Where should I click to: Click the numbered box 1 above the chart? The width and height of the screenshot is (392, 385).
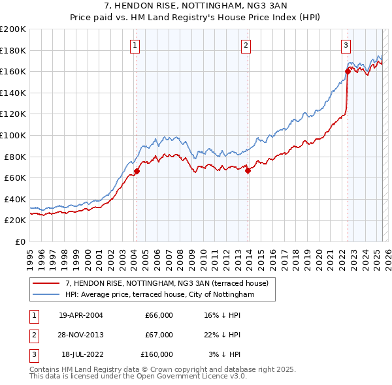click(x=135, y=45)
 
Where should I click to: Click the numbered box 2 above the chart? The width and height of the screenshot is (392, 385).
click(x=246, y=45)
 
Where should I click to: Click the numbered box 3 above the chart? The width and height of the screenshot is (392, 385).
click(x=345, y=45)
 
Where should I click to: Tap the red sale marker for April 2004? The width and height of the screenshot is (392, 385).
click(x=137, y=172)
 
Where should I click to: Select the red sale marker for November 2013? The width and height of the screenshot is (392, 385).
click(x=248, y=170)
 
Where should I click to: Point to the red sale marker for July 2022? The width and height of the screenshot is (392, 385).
click(x=348, y=72)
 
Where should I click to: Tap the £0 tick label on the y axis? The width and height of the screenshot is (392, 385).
click(x=20, y=241)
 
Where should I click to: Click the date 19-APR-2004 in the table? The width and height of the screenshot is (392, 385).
click(x=81, y=316)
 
